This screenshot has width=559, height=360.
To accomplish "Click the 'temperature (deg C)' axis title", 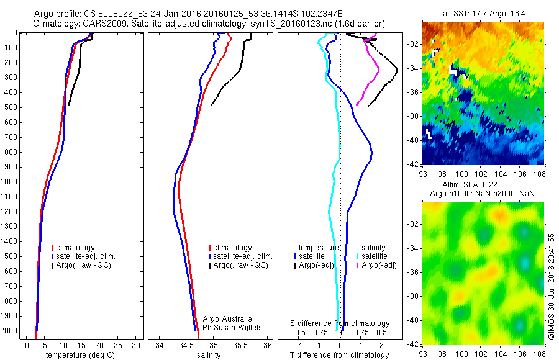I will pyautogui.click(x=78, y=355).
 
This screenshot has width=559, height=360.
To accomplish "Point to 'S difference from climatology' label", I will pyautogui.click(x=340, y=323).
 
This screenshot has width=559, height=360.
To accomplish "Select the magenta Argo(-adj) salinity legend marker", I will pyautogui.click(x=358, y=265).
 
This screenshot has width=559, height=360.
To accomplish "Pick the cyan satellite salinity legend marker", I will pyautogui.click(x=358, y=256).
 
